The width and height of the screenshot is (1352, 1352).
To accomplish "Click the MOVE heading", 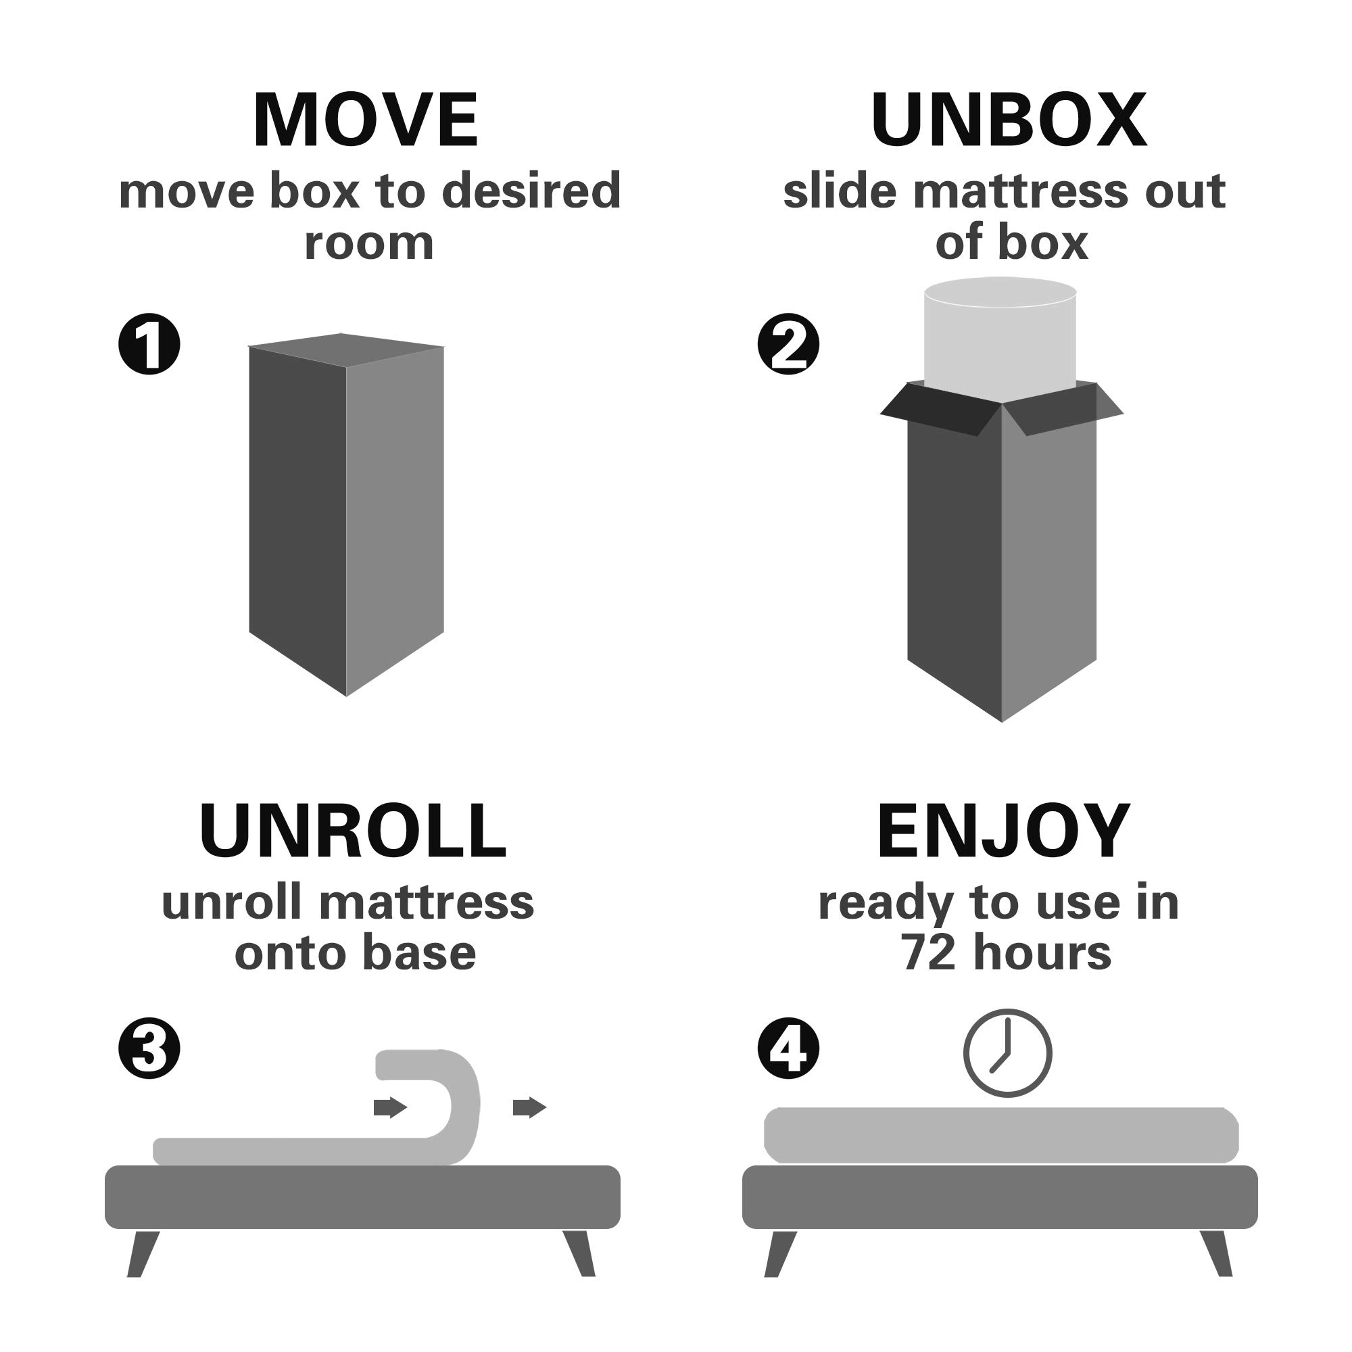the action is tap(365, 120).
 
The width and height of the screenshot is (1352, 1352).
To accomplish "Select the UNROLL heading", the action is tap(353, 831).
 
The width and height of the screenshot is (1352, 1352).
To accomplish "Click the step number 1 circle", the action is tap(149, 343).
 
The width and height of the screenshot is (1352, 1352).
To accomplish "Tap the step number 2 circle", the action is tap(789, 343).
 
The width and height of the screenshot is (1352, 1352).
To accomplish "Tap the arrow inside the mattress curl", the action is tap(391, 1108).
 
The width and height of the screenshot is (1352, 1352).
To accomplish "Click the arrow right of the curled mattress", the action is tap(530, 1108).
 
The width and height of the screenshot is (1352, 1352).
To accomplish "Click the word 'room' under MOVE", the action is tap(369, 243).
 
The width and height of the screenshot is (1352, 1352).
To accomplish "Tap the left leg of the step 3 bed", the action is tap(143, 1254).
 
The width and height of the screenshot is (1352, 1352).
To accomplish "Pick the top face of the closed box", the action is tap(346, 349).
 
